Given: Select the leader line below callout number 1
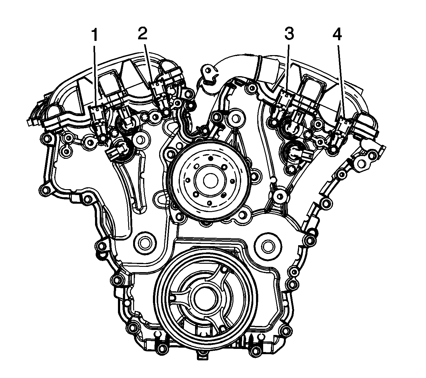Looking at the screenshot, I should pos(95,74).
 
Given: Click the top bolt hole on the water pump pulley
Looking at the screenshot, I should pos(210,159).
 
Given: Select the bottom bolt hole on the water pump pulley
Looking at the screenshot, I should pos(209,203).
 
